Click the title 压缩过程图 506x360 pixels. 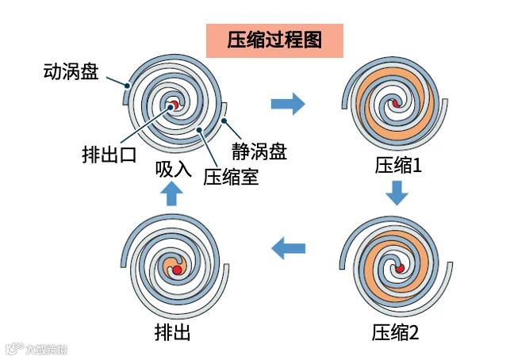(274, 41)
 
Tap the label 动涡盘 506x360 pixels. (71, 72)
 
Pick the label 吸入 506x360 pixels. (174, 168)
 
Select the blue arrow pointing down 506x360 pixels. (397, 193)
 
